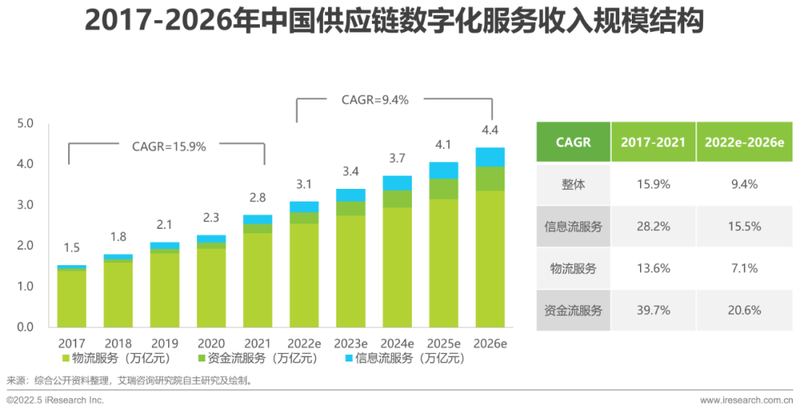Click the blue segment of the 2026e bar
click(490, 157)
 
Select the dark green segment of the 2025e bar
click(444, 189)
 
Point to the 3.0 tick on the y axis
click(25, 204)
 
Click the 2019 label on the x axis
click(164, 344)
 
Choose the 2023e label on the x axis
click(350, 344)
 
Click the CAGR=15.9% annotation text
click(169, 146)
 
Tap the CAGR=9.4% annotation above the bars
click(375, 99)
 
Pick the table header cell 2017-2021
click(653, 142)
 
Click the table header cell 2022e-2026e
click(743, 142)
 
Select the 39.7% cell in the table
click(653, 310)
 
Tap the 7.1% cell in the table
click(743, 268)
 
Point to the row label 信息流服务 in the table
click(573, 227)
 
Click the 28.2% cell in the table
click(653, 227)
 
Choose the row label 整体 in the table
click(573, 184)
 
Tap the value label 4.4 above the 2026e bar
click(490, 130)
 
